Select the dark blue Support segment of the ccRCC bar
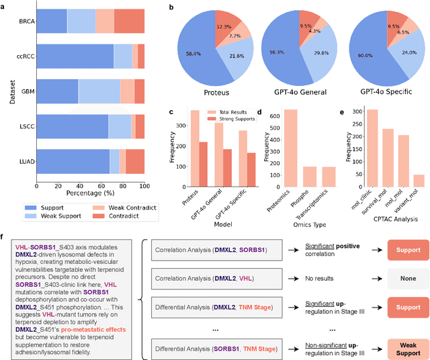[x=76, y=56]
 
